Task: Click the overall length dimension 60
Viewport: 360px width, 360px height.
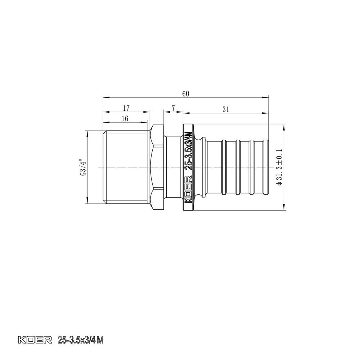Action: click(186, 94)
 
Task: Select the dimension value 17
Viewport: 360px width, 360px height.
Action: click(126, 108)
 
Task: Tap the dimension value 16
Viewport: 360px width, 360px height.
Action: click(125, 118)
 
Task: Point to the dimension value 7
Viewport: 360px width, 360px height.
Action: click(173, 108)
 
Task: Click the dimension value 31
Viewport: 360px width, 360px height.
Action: click(226, 110)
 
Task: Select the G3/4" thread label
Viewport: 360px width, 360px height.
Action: click(82, 167)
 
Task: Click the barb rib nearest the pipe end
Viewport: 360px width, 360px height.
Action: click(266, 167)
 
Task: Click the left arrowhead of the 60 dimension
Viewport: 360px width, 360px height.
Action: click(104, 97)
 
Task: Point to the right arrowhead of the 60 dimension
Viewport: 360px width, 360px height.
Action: click(267, 97)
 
